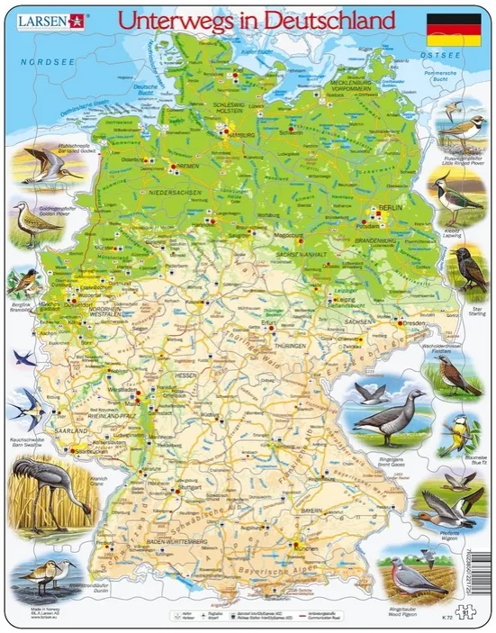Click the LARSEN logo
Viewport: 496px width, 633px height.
[37, 19]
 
